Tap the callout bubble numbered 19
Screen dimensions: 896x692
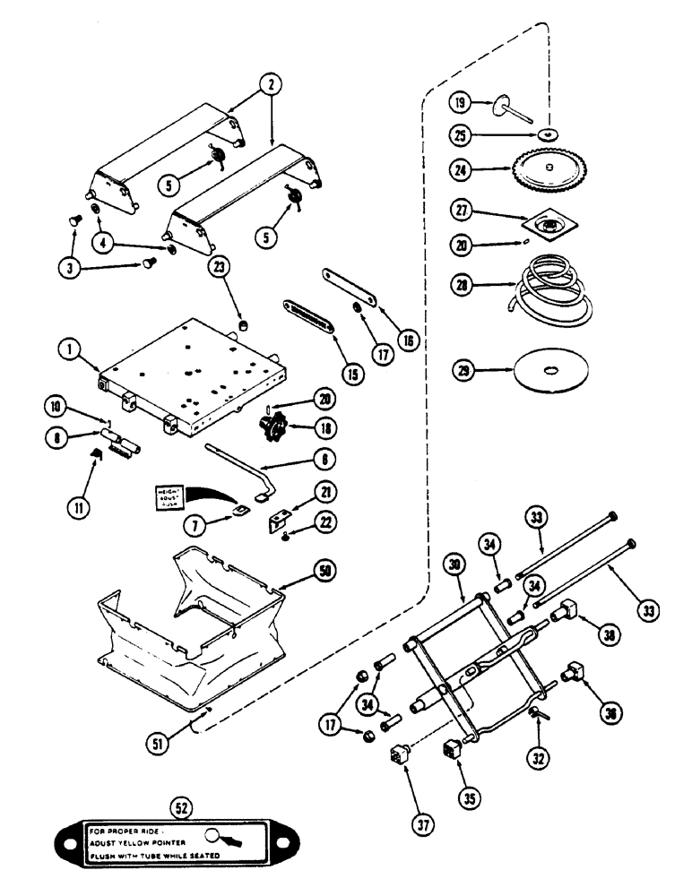(x=460, y=103)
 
